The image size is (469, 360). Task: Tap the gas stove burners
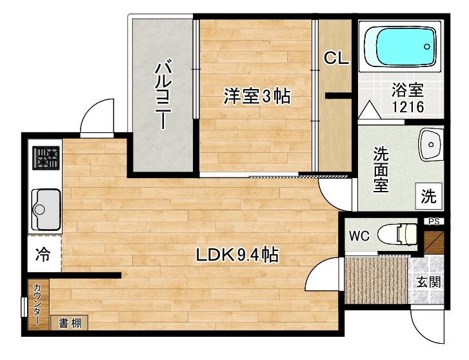click(x=46, y=156)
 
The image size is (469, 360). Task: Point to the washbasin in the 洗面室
click(x=429, y=146)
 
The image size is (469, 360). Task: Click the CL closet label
click(x=336, y=59)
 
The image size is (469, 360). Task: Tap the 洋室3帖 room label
click(x=257, y=97)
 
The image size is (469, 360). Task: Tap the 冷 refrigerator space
click(x=43, y=254)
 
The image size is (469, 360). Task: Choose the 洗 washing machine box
click(x=429, y=195)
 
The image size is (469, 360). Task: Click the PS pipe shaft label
click(x=434, y=221)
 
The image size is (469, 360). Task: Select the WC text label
click(x=359, y=235)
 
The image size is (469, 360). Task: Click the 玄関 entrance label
click(x=428, y=281)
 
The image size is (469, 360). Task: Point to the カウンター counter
click(x=37, y=304)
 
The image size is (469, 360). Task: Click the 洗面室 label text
click(x=382, y=169)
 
